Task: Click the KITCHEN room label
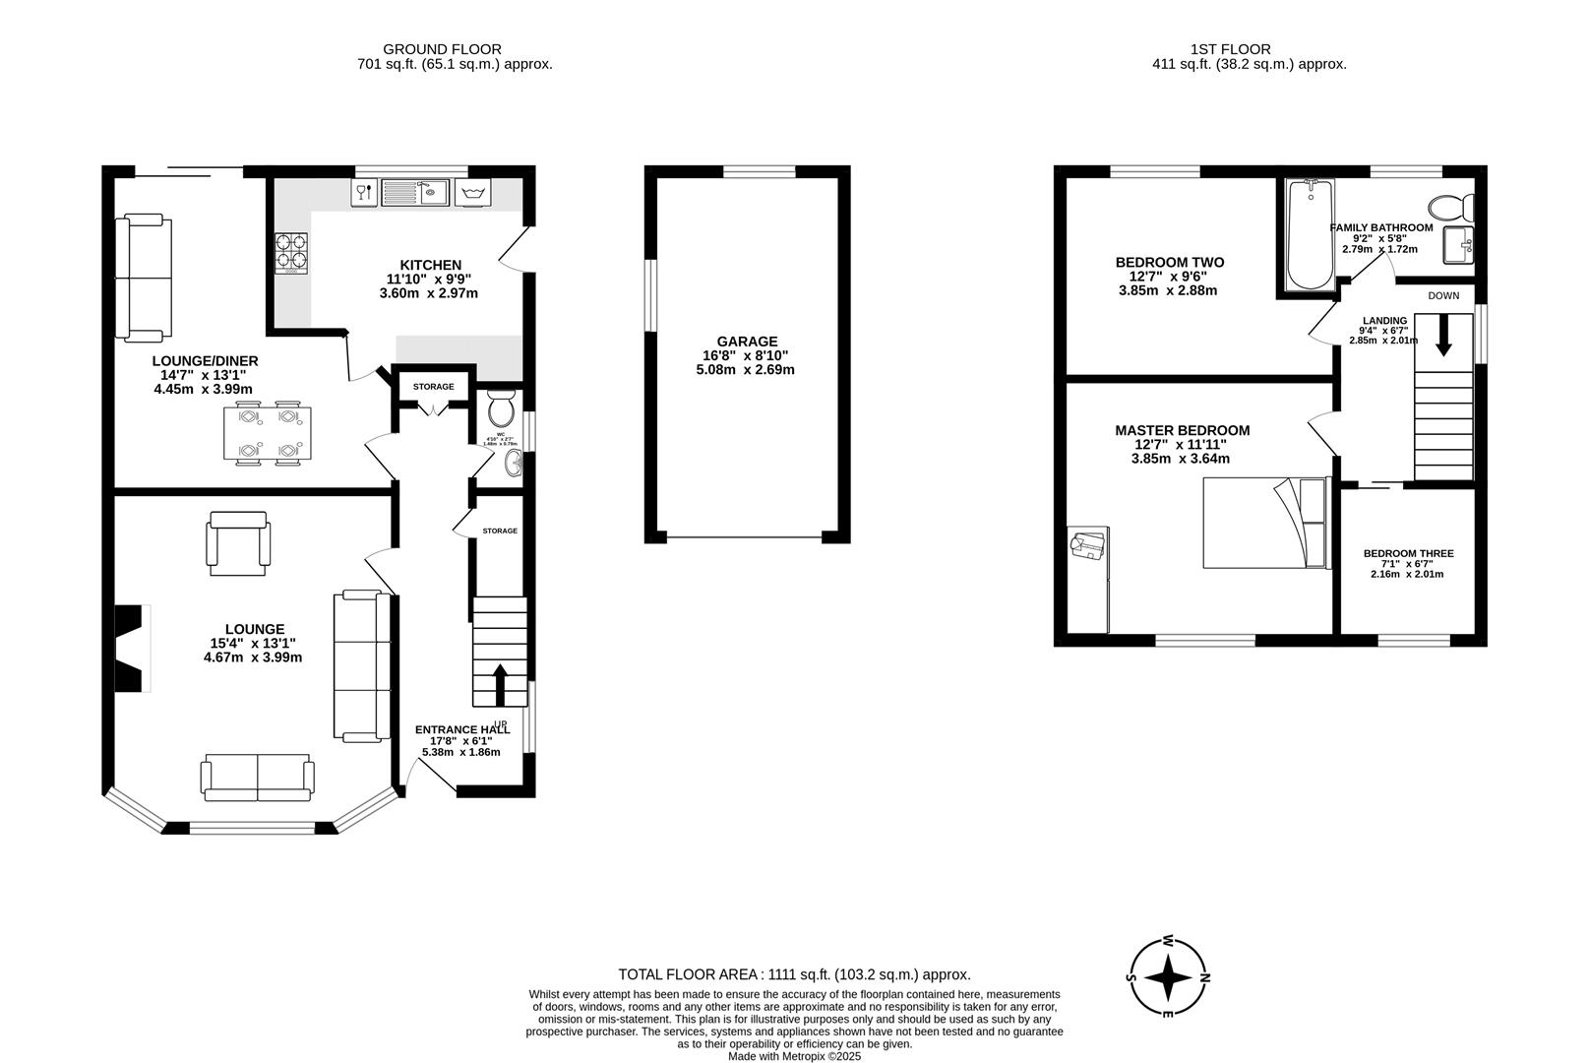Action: click(430, 265)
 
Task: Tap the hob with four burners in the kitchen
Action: click(290, 250)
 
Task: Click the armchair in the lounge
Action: click(236, 541)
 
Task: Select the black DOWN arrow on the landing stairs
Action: click(1443, 335)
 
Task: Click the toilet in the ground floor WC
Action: click(501, 406)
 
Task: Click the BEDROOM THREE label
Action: click(1407, 553)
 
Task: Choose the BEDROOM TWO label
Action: click(1169, 262)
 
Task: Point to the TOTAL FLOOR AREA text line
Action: click(794, 974)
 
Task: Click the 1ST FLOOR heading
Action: click(1230, 48)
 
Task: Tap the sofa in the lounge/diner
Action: click(144, 279)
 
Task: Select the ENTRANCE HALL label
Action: click(461, 729)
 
